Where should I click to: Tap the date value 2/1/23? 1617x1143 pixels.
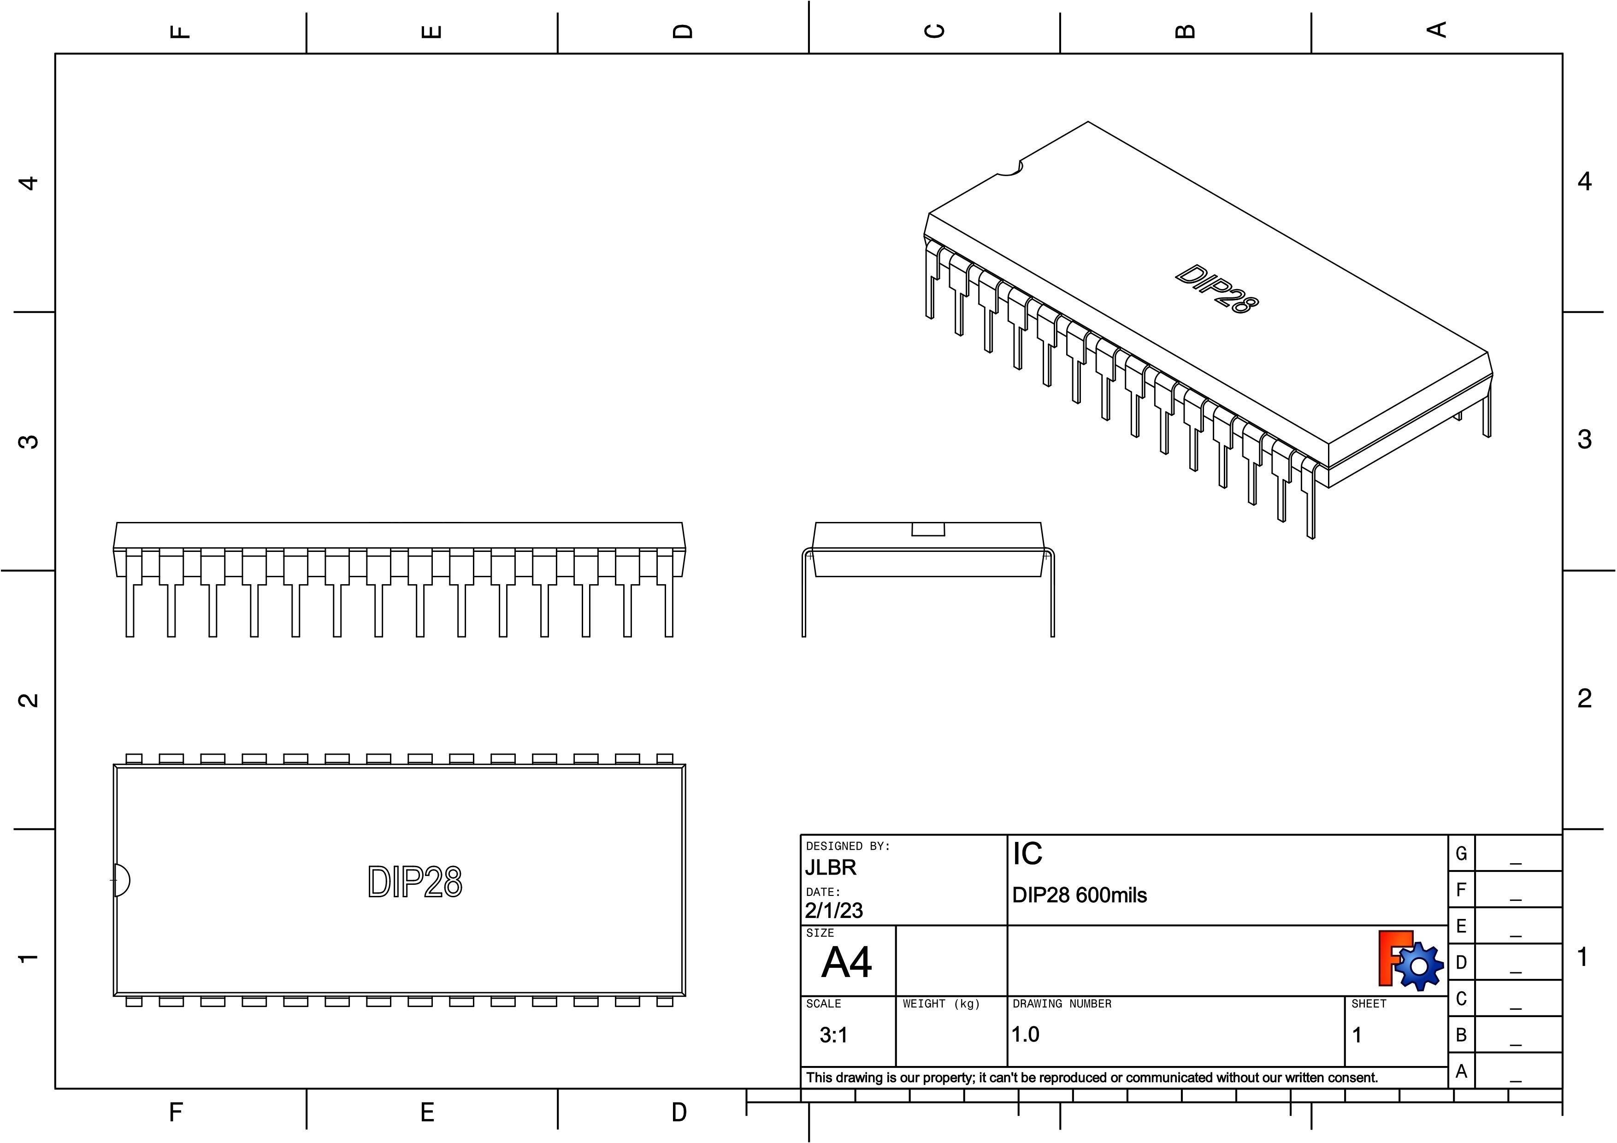pyautogui.click(x=834, y=911)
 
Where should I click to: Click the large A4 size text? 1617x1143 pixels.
pyautogui.click(x=846, y=962)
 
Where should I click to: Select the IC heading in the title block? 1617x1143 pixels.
pyautogui.click(x=1027, y=853)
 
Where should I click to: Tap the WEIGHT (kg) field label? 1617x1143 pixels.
pyautogui.click(x=941, y=1004)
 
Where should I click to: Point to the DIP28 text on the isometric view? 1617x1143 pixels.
pyautogui.click(x=1216, y=289)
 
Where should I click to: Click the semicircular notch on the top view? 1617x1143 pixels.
pyautogui.click(x=121, y=880)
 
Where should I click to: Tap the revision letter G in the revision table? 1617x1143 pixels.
pyautogui.click(x=1461, y=853)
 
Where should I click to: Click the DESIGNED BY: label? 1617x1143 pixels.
pyautogui.click(x=848, y=846)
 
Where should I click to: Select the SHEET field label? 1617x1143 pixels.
pyautogui.click(x=1369, y=1004)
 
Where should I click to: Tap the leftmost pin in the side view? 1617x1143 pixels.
pyautogui.click(x=130, y=606)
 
